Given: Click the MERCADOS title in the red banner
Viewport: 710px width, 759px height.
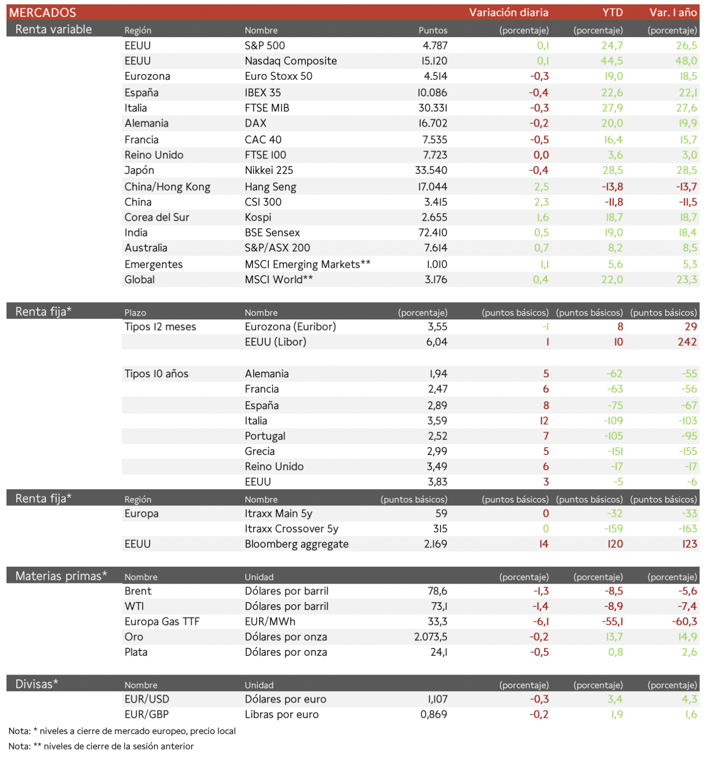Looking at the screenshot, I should (x=43, y=12).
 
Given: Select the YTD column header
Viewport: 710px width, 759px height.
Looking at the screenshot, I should (x=612, y=12).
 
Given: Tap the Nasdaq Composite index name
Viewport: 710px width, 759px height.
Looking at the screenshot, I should (x=290, y=61).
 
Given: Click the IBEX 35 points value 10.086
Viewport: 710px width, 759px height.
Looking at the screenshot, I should (x=432, y=93).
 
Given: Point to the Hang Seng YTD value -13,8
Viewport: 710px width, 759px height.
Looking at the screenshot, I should (x=612, y=187).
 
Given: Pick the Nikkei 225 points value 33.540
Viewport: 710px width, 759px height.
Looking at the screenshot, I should (x=431, y=170).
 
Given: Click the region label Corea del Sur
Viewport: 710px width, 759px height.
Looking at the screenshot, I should (x=157, y=217).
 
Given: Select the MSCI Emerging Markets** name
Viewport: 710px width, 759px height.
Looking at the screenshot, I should (x=307, y=264).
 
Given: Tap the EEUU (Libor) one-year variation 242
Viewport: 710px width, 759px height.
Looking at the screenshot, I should (x=687, y=342).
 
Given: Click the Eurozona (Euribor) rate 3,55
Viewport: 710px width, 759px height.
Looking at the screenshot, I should (x=437, y=327).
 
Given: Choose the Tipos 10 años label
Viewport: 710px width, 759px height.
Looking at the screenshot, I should (x=156, y=374).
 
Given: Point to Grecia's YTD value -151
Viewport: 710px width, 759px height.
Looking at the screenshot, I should (x=615, y=451).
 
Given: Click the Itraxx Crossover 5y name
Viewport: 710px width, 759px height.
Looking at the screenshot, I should (x=291, y=529).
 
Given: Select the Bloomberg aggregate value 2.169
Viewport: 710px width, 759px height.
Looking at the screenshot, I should (x=435, y=544).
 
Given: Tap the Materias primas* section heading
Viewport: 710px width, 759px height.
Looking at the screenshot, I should (x=61, y=576).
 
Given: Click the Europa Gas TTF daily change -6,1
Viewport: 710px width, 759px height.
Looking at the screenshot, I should (x=541, y=621).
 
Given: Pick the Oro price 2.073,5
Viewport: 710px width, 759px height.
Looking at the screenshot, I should (x=430, y=637).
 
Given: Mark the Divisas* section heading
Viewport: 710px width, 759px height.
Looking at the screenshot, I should (x=37, y=684).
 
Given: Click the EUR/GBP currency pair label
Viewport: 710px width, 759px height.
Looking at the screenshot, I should (x=147, y=714).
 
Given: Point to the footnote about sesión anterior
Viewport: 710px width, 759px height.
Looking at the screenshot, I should (x=101, y=746).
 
